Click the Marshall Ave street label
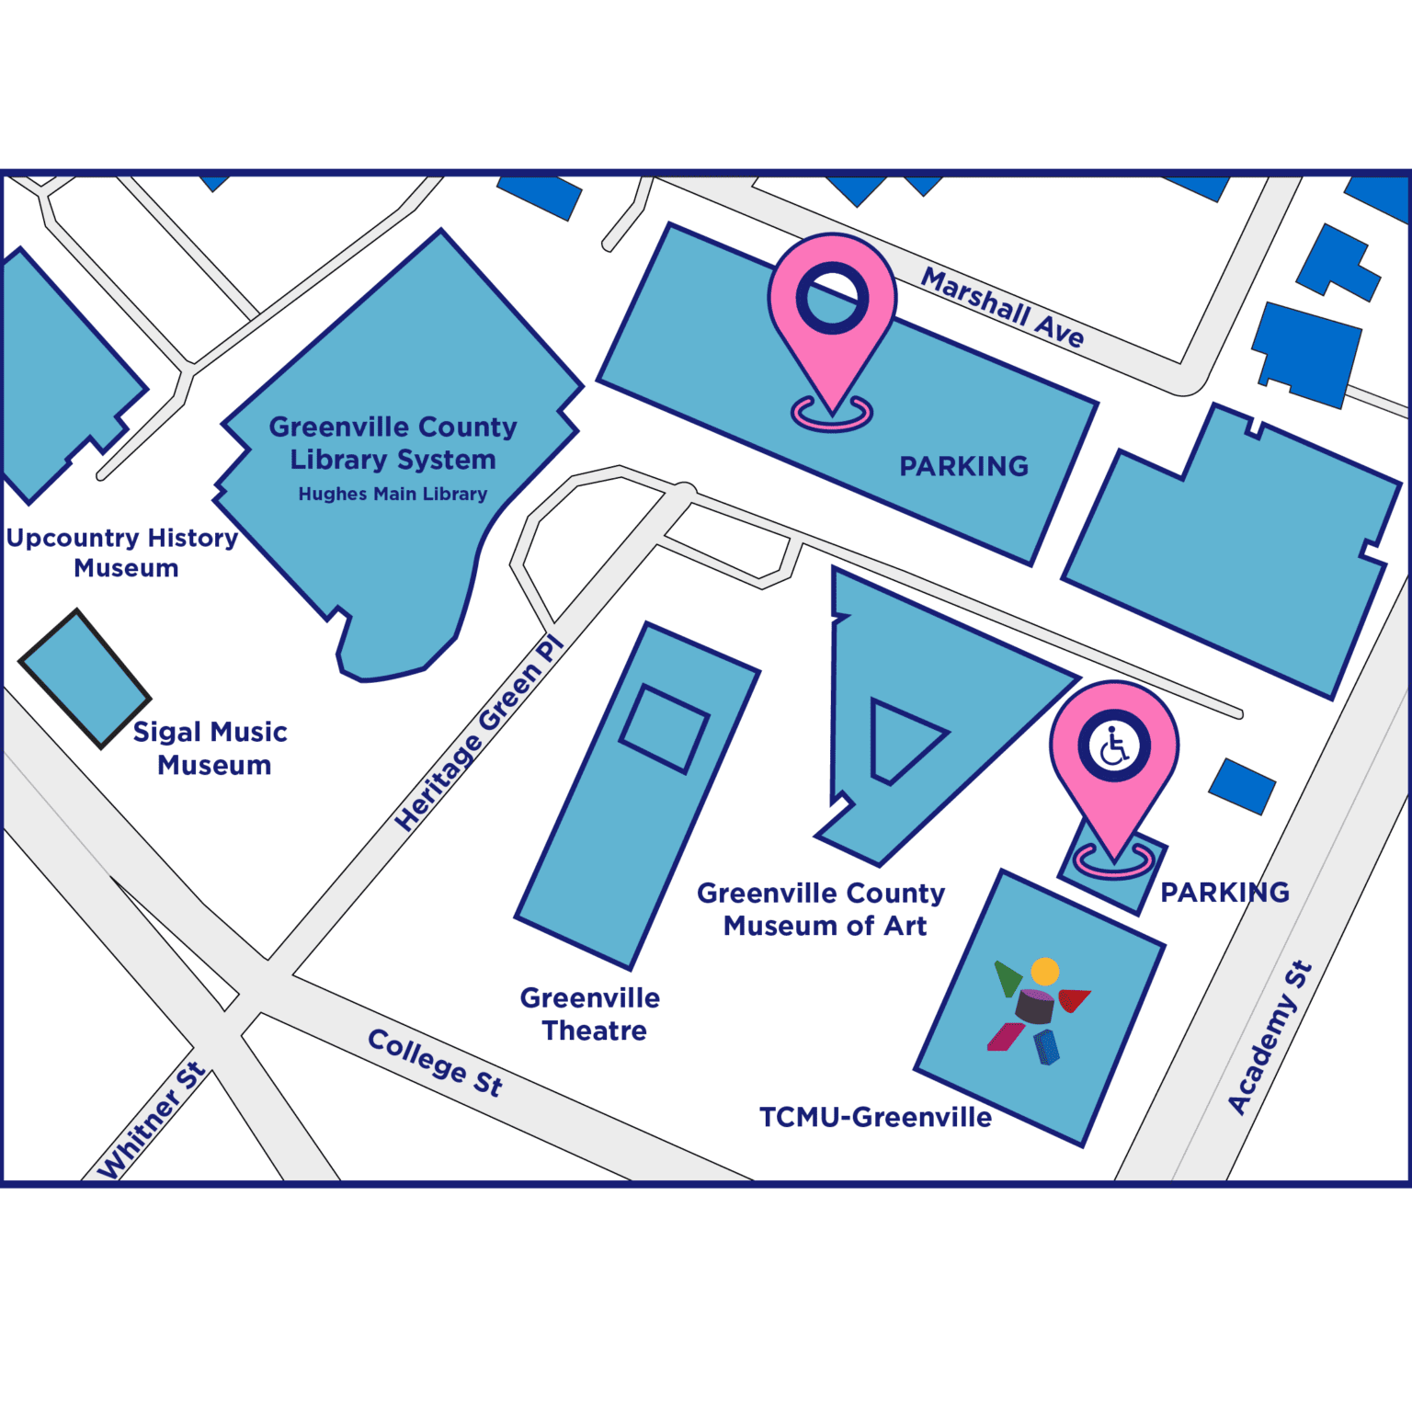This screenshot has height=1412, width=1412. click(1003, 307)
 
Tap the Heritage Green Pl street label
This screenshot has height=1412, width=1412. click(478, 734)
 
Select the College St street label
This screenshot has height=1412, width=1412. click(435, 1063)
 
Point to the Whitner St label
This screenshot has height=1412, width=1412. click(153, 1121)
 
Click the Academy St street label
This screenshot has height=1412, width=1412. click(1270, 1037)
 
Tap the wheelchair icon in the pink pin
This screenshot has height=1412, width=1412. click(1114, 747)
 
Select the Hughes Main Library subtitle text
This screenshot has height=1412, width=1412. click(393, 495)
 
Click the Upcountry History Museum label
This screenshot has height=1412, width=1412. click(123, 552)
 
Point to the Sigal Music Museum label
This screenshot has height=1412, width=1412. click(211, 748)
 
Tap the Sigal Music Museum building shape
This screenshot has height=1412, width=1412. click(84, 678)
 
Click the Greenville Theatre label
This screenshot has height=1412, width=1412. click(591, 1014)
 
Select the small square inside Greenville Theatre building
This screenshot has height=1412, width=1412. click(664, 728)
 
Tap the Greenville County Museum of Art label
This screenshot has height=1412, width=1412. click(822, 909)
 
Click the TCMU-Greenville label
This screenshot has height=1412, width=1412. click(875, 1118)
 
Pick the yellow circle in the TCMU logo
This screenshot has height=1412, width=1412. click(1045, 971)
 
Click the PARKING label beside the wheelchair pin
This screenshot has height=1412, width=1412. click(1224, 892)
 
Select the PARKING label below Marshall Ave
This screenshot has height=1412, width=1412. click(963, 467)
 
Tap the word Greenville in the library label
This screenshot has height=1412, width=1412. click(325, 427)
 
